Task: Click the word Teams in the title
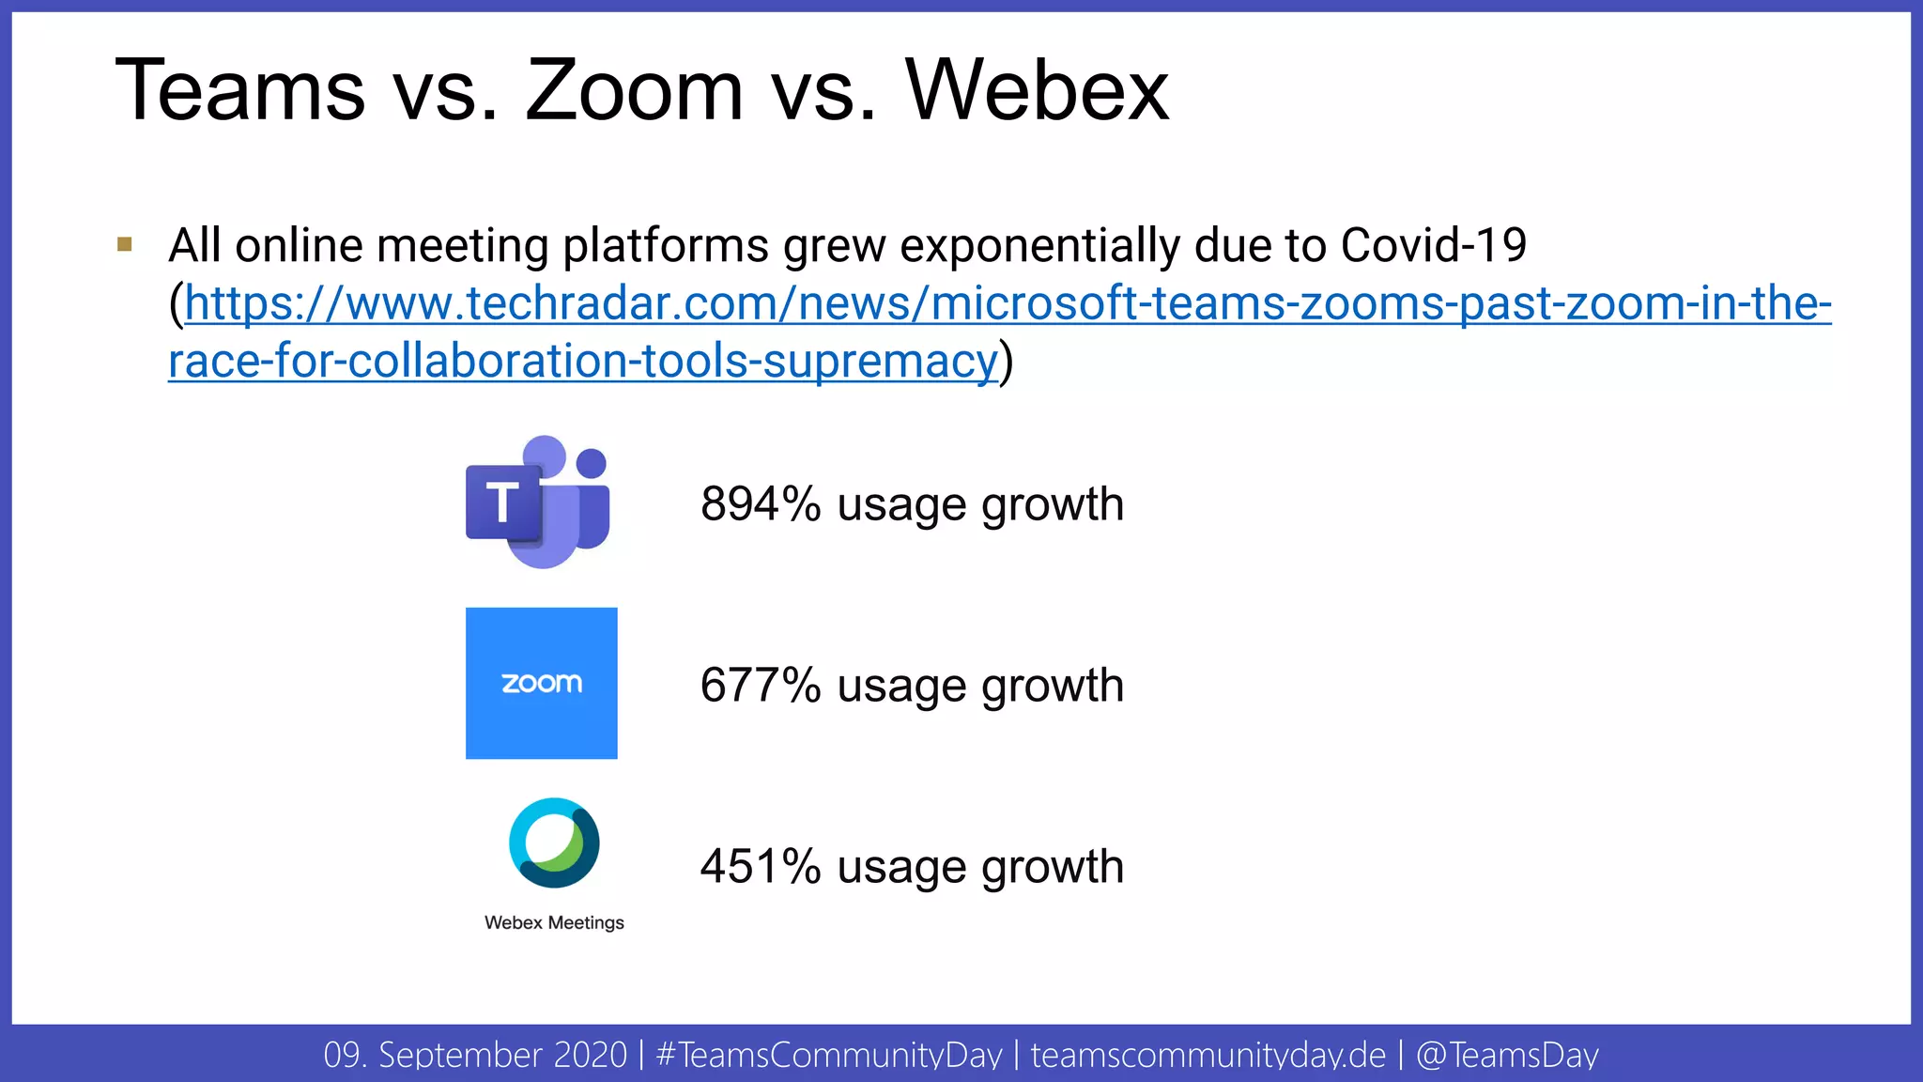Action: (x=239, y=91)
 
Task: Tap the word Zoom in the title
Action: (x=634, y=91)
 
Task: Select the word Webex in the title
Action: (x=1037, y=91)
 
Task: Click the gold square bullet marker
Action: (x=125, y=245)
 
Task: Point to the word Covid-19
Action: (x=1433, y=246)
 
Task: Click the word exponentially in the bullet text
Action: (x=1039, y=246)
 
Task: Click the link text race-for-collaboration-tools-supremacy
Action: (x=582, y=362)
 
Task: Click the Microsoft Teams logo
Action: (x=539, y=502)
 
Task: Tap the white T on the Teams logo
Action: (x=503, y=502)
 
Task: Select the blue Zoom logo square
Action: (x=542, y=683)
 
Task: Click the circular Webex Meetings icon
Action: (x=554, y=842)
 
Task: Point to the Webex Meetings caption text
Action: (x=554, y=922)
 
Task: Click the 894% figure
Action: (x=761, y=504)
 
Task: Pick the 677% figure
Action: (x=761, y=686)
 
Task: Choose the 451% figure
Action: (x=761, y=867)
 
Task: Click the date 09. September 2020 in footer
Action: (x=475, y=1055)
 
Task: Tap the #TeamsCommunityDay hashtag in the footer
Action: (x=829, y=1055)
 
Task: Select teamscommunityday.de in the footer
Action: (x=1208, y=1055)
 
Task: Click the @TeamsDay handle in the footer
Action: (x=1507, y=1055)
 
